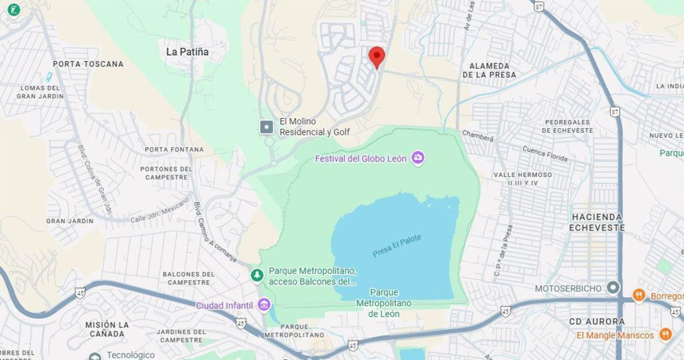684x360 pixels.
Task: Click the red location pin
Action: (377, 56)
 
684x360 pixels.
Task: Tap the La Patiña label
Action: (188, 52)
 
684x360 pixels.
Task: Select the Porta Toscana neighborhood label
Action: (88, 64)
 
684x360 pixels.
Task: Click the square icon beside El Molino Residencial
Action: (266, 126)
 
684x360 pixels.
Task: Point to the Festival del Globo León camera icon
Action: (418, 157)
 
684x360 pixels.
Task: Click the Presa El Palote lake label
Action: (397, 246)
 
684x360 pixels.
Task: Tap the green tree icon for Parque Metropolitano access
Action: (257, 275)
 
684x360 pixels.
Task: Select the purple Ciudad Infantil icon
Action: (264, 305)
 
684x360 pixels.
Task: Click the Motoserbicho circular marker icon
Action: (612, 288)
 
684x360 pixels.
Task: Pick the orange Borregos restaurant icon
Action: (638, 295)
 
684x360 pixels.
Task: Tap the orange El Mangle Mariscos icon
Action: (665, 335)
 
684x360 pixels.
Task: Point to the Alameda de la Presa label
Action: (489, 70)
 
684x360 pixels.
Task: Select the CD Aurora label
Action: (597, 322)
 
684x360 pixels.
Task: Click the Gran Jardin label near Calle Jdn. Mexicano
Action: (70, 221)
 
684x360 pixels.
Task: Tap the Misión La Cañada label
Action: (107, 329)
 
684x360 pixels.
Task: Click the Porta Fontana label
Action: (174, 150)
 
